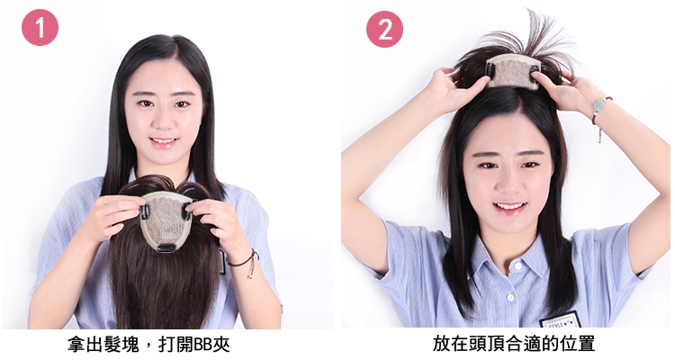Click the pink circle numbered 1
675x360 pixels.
click(40, 28)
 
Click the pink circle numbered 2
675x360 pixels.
click(384, 30)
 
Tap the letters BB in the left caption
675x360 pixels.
click(202, 345)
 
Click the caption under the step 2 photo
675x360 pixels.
click(514, 344)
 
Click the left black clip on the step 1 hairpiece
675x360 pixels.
click(145, 211)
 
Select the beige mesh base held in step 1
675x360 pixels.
click(166, 220)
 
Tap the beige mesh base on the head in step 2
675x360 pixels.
click(512, 71)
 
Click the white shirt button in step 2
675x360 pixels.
click(510, 297)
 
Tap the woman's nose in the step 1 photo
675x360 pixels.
click(164, 120)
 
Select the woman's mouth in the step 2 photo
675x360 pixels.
click(509, 208)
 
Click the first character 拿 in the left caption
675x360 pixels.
click(76, 344)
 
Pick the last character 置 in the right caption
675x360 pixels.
click(587, 344)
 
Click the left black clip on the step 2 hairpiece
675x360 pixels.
click(490, 68)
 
